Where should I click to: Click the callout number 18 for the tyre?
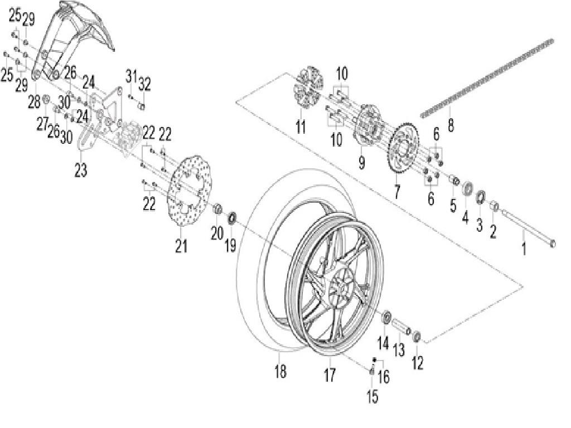pos(280,371)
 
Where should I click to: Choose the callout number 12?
pos(418,363)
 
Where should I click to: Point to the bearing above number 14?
pos(384,319)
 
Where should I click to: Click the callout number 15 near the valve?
pos(372,396)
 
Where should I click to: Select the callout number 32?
pos(144,84)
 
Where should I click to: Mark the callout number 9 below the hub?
pos(361,162)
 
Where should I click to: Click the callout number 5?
pos(453,205)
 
